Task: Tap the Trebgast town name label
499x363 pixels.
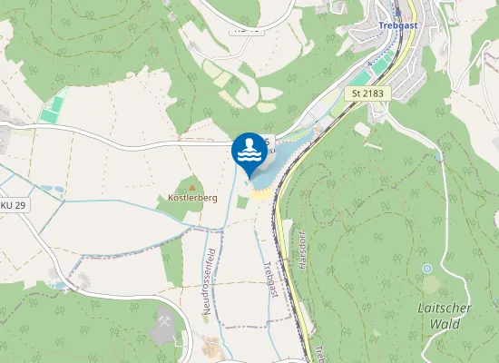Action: [x=398, y=26]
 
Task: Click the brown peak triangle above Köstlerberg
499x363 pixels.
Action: [x=191, y=181]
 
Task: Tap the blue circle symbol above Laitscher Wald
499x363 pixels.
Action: [x=427, y=269]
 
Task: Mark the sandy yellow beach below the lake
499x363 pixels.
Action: [x=259, y=192]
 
